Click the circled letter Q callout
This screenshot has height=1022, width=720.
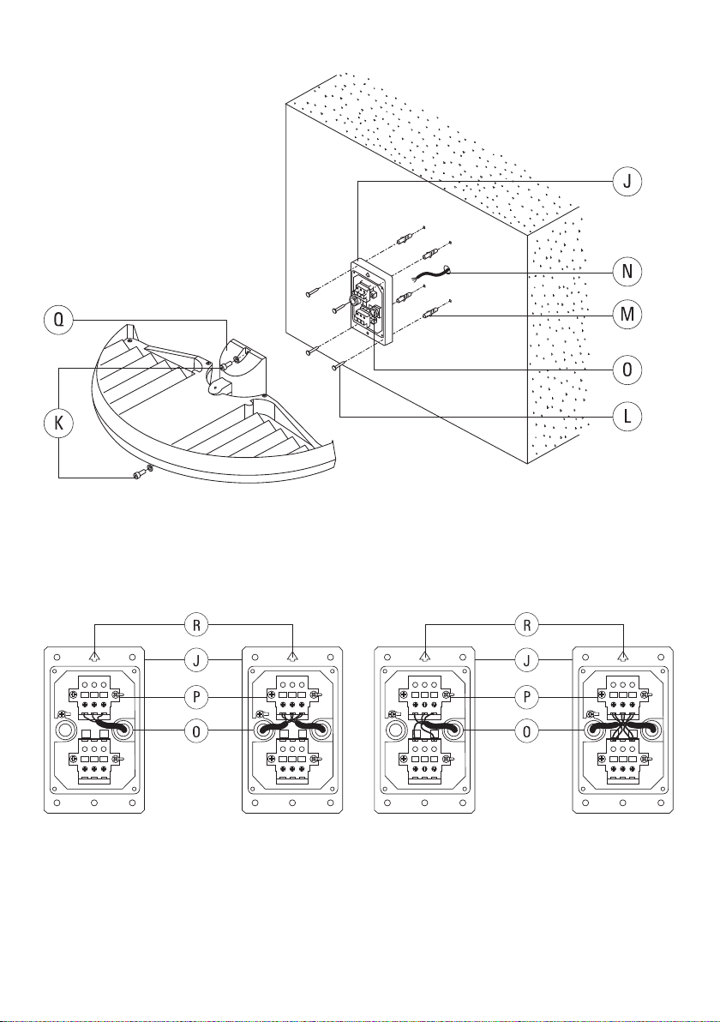(x=58, y=320)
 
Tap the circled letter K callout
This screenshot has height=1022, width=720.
(x=58, y=423)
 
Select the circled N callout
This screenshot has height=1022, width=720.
(x=627, y=271)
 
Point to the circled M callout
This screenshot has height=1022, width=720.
(x=627, y=315)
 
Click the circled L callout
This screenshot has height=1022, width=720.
(x=627, y=416)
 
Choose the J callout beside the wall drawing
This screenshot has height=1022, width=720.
(x=627, y=182)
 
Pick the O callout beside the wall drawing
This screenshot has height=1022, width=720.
(x=627, y=370)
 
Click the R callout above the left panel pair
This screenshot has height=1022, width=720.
(x=195, y=626)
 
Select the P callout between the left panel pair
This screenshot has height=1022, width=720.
(x=195, y=697)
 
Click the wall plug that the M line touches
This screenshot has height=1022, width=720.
(x=430, y=316)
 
